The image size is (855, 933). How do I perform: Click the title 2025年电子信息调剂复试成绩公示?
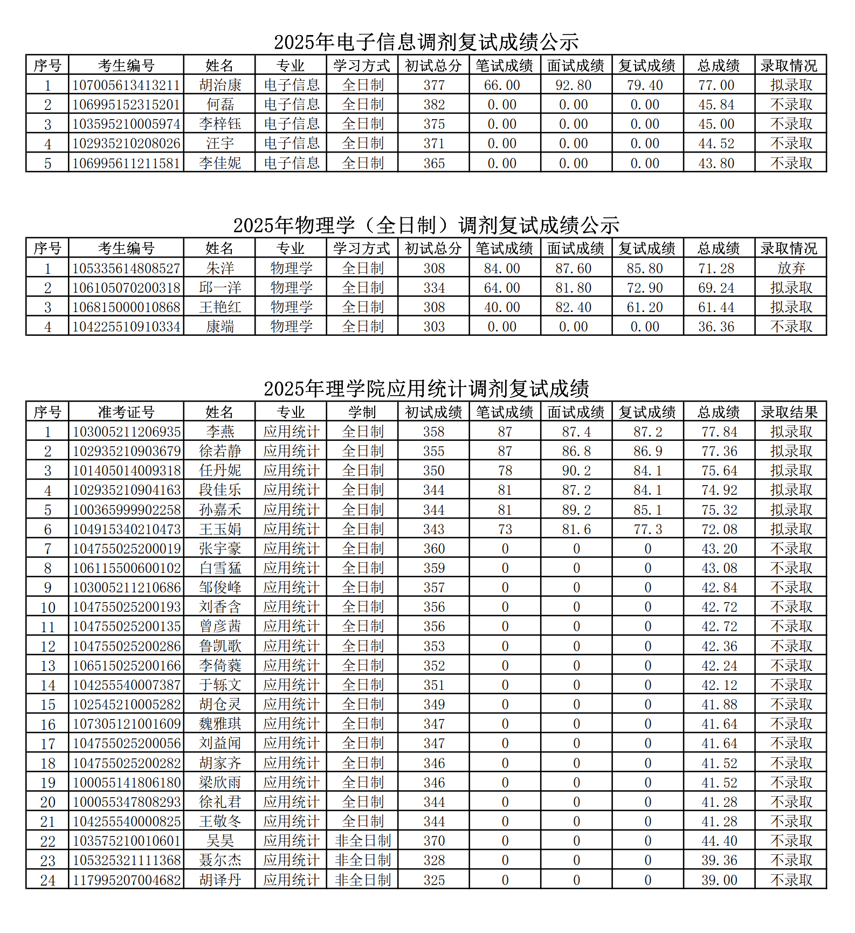(x=426, y=42)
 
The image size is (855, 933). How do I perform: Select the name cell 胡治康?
(x=220, y=85)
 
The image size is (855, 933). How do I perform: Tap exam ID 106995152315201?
(x=126, y=105)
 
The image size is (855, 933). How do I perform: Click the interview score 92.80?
(x=576, y=85)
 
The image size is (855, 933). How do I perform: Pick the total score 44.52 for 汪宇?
(x=719, y=143)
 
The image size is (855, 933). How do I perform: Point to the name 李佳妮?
(x=220, y=163)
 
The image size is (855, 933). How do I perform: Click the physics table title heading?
(x=426, y=225)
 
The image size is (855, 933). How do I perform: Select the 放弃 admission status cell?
(x=790, y=268)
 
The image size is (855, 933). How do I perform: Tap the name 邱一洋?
(x=220, y=288)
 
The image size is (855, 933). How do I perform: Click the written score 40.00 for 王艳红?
(x=505, y=307)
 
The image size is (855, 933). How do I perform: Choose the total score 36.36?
(x=719, y=327)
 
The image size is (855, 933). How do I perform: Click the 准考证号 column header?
(x=126, y=412)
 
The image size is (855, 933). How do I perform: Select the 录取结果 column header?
(x=790, y=412)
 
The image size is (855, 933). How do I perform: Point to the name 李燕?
(x=220, y=432)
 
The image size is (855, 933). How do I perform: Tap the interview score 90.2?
(x=576, y=471)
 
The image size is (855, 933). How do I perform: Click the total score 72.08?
(x=719, y=529)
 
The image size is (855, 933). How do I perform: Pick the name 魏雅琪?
(x=220, y=724)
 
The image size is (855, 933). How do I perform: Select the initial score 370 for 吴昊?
(x=434, y=841)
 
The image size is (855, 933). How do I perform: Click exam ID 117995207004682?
(x=126, y=880)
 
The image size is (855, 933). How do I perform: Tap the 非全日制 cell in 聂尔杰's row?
(x=362, y=860)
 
